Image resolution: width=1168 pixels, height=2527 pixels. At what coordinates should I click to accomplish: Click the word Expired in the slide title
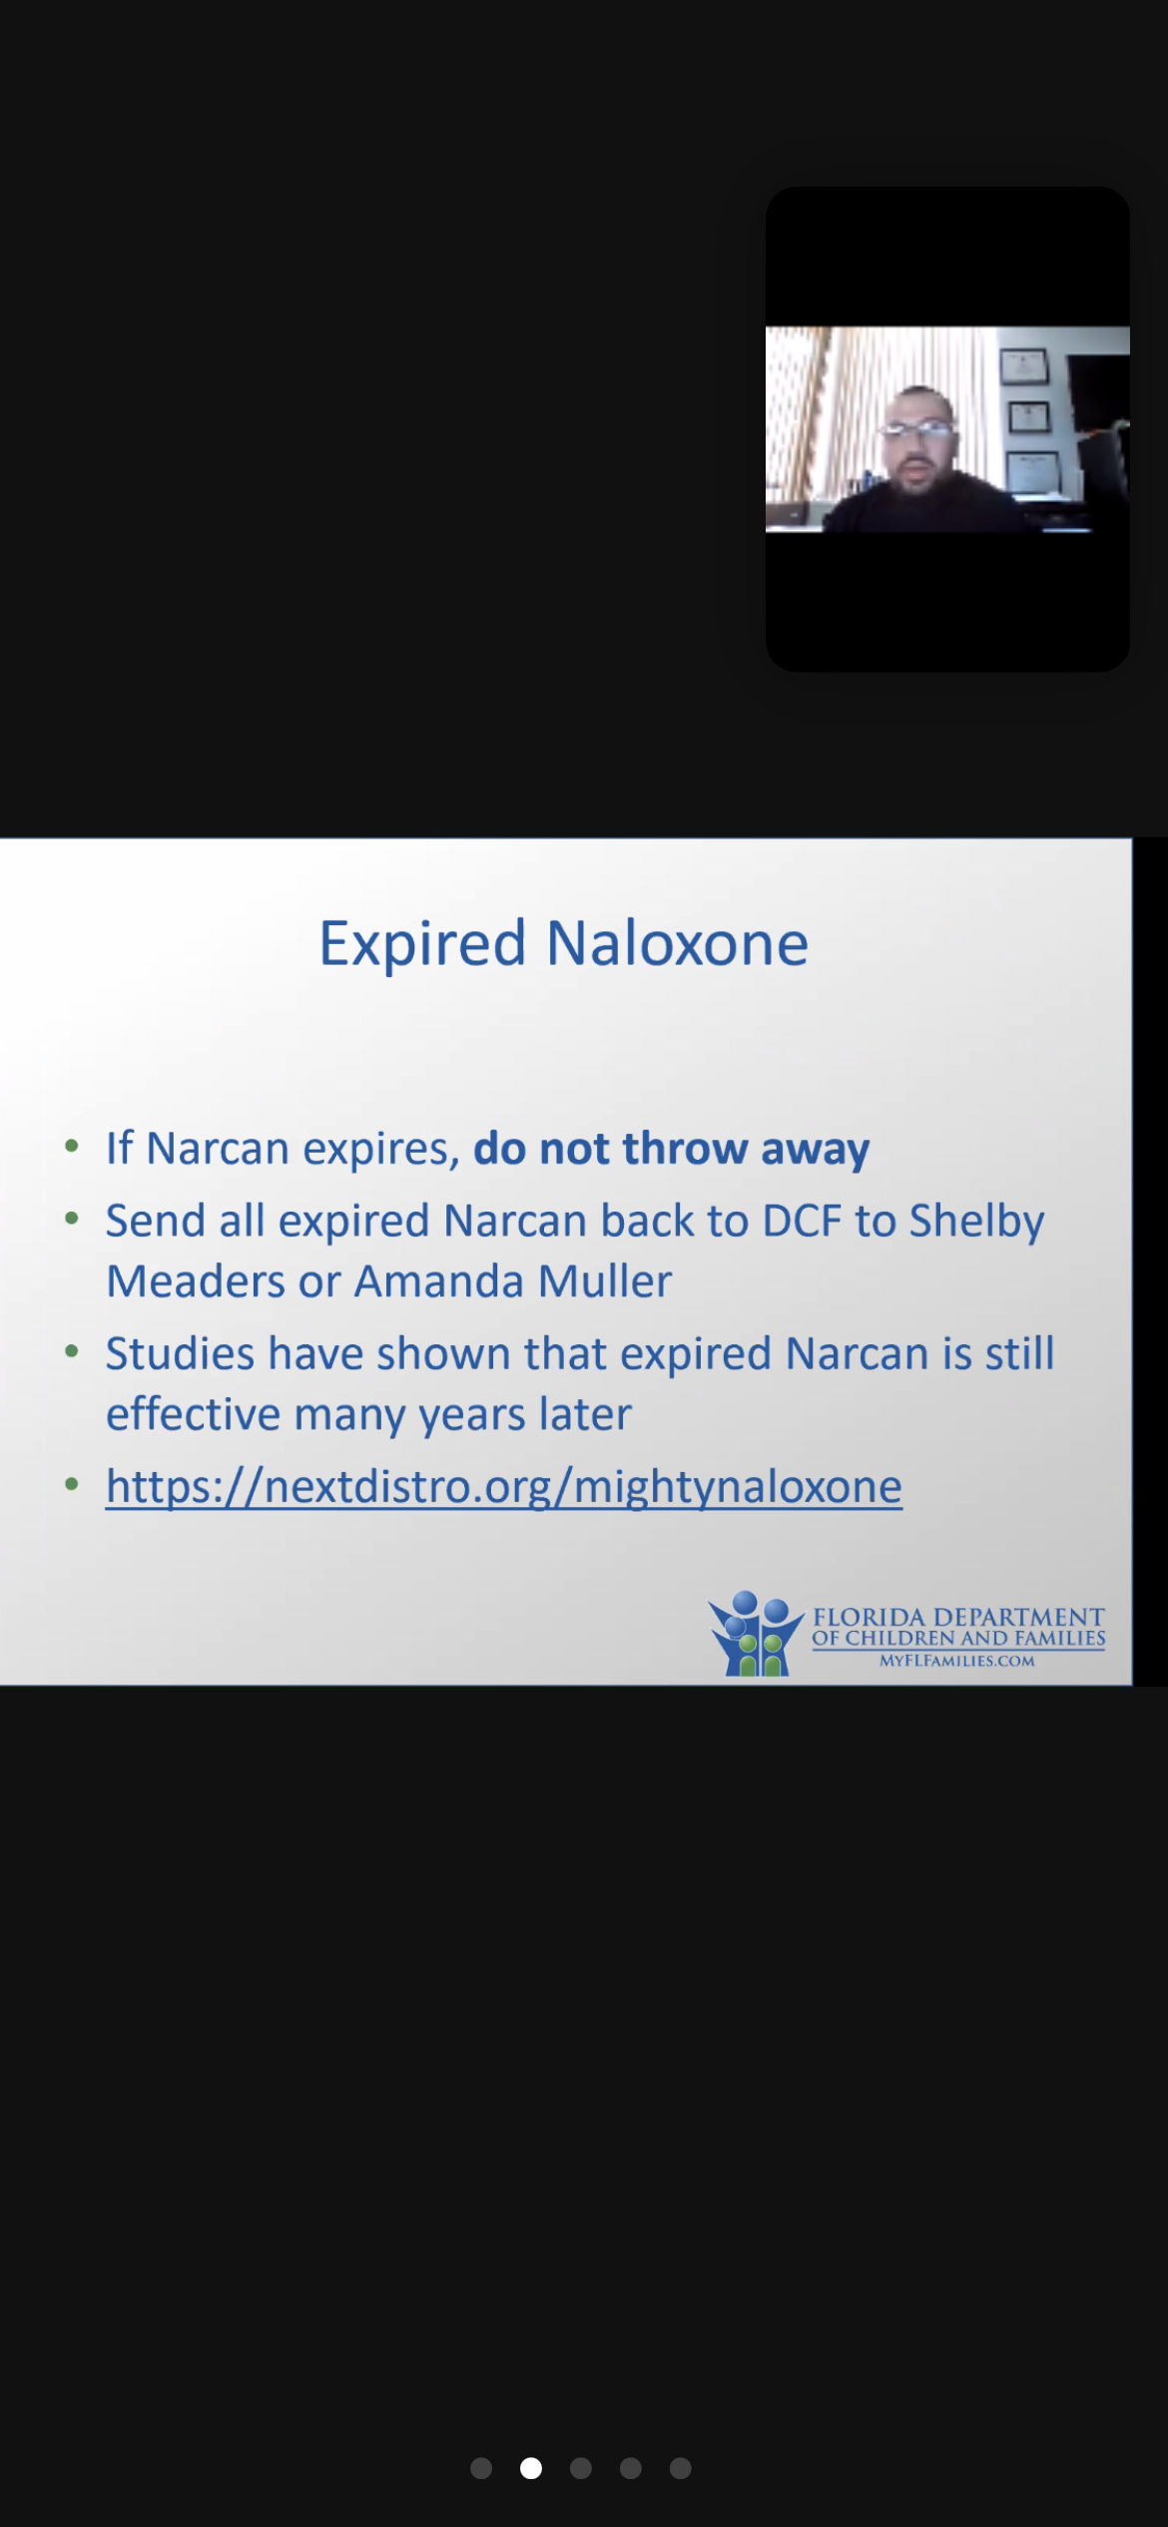point(422,944)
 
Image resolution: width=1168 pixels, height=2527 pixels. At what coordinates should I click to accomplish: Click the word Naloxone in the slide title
point(678,944)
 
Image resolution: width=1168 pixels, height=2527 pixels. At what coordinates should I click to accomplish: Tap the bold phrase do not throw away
point(671,1150)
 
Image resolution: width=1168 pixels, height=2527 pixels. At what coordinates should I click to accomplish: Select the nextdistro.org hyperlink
point(504,1487)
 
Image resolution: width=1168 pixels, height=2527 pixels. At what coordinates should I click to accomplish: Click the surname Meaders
point(196,1281)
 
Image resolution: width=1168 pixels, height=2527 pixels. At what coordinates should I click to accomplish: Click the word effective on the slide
point(194,1414)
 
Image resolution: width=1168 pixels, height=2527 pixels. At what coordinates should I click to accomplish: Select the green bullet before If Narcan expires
point(71,1147)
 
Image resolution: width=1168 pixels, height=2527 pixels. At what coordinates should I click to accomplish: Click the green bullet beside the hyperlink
point(71,1484)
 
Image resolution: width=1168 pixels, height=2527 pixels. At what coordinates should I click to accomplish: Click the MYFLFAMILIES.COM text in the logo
point(956,1661)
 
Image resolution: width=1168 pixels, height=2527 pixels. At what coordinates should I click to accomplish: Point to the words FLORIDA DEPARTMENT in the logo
point(958,1616)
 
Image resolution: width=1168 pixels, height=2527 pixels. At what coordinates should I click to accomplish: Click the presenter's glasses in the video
point(915,431)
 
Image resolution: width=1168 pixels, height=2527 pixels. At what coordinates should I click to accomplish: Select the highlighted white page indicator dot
point(531,2468)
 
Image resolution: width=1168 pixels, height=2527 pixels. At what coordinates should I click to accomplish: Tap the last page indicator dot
point(681,2468)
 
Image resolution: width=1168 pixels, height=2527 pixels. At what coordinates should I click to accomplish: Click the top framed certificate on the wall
point(1023,366)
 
